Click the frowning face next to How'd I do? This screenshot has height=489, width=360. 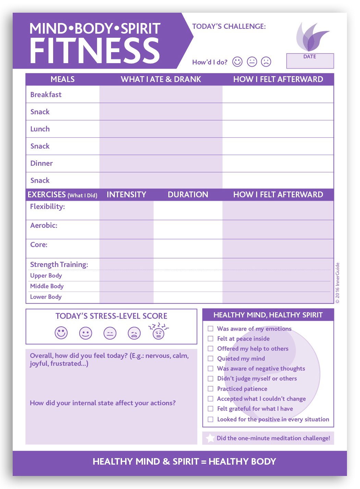(x=266, y=62)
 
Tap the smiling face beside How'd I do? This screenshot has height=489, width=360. (x=237, y=62)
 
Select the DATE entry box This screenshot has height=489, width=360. (x=310, y=61)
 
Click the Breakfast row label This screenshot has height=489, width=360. (x=46, y=95)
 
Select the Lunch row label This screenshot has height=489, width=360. (x=40, y=129)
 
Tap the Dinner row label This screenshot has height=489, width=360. (x=41, y=163)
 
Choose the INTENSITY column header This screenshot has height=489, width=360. (x=126, y=195)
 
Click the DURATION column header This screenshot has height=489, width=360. (x=188, y=195)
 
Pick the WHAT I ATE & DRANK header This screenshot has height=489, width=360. (x=161, y=79)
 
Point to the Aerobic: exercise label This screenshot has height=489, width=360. (x=44, y=225)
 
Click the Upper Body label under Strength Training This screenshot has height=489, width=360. (x=46, y=276)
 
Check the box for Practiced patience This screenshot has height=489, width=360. (x=211, y=389)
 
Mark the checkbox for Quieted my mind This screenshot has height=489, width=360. (x=211, y=359)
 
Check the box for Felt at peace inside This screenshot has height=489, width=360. (x=211, y=339)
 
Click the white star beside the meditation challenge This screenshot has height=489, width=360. (x=210, y=438)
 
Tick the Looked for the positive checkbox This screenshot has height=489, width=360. (x=211, y=419)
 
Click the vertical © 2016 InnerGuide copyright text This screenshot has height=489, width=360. (x=338, y=283)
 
